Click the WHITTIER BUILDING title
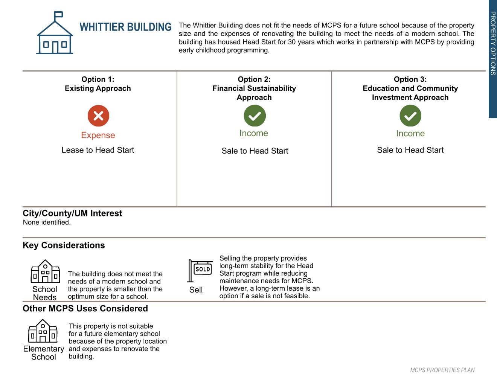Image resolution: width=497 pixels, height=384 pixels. (125, 27)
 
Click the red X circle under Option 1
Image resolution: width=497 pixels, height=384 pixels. (98, 116)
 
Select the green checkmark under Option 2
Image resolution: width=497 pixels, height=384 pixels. (255, 116)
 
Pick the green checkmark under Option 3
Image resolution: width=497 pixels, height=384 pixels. (410, 116)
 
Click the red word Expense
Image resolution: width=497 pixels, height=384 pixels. (98, 135)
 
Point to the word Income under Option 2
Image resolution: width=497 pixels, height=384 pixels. (254, 133)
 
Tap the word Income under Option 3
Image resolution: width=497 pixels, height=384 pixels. (410, 134)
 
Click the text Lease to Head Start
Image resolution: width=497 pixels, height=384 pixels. (98, 150)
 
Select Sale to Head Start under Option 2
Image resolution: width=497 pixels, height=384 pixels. (255, 151)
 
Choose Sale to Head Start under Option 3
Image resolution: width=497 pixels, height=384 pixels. (410, 150)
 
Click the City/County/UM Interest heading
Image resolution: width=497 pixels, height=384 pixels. (72, 213)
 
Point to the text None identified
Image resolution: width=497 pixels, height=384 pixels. (47, 222)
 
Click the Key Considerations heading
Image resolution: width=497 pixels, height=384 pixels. (64, 245)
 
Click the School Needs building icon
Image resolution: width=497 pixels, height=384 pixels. (45, 271)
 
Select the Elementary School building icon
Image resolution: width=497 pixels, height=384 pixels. (43, 331)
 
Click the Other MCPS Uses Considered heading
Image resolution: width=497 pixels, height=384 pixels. (85, 308)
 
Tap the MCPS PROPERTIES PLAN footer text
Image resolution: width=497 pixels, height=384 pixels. (442, 370)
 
